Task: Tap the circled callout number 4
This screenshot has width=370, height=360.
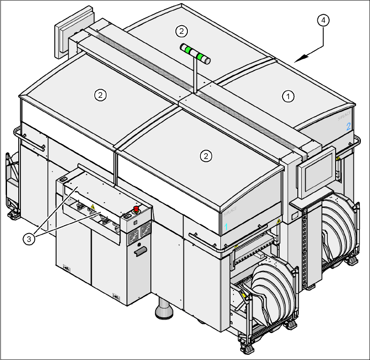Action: [x=323, y=20]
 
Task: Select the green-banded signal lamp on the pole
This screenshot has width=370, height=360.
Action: [x=195, y=53]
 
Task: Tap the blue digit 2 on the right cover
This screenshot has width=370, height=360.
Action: [x=348, y=127]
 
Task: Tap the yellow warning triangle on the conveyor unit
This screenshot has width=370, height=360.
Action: [x=92, y=206]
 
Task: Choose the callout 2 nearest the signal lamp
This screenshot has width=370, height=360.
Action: [x=181, y=30]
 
